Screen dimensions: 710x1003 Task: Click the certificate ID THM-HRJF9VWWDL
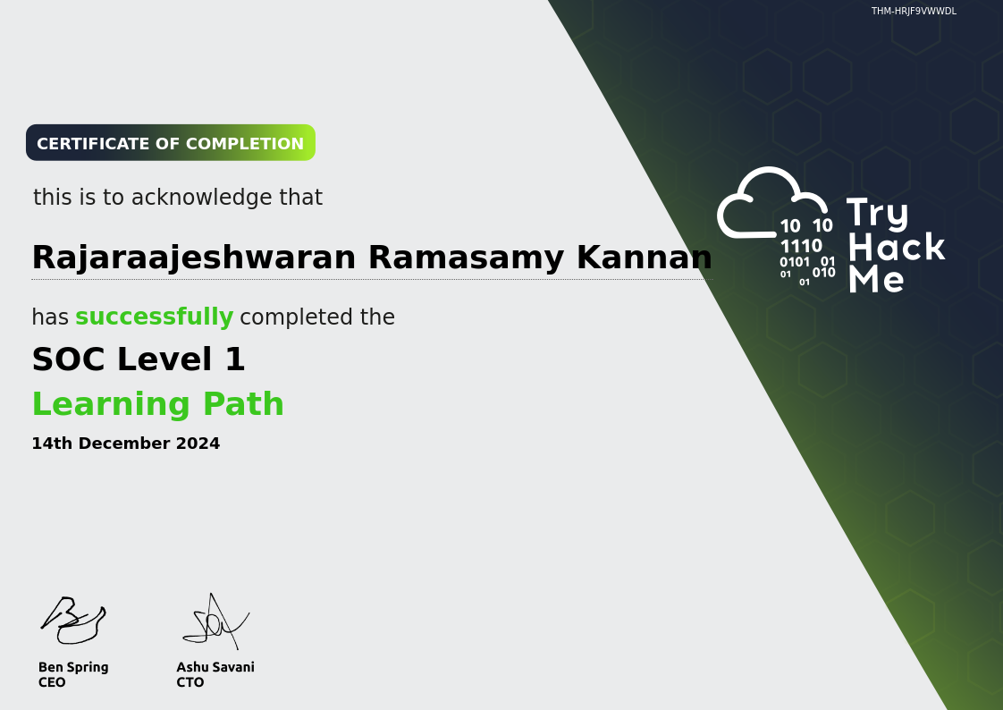point(914,12)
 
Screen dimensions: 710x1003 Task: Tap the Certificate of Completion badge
point(170,143)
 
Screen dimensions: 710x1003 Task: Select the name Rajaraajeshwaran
point(194,258)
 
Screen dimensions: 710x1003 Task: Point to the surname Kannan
point(644,258)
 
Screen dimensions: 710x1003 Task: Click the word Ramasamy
point(466,258)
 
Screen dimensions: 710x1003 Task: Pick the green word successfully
point(154,317)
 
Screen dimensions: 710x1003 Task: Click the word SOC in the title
point(68,359)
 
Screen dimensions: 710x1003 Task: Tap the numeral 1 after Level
point(234,359)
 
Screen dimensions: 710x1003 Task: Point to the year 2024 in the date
point(198,444)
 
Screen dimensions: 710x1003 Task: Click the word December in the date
point(124,444)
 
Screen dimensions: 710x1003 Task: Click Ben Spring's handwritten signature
point(72,621)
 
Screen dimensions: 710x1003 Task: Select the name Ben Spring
point(73,667)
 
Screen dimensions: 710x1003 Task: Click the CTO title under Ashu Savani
point(190,682)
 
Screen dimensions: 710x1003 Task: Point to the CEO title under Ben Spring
point(52,682)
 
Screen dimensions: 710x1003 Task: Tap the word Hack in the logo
point(896,247)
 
